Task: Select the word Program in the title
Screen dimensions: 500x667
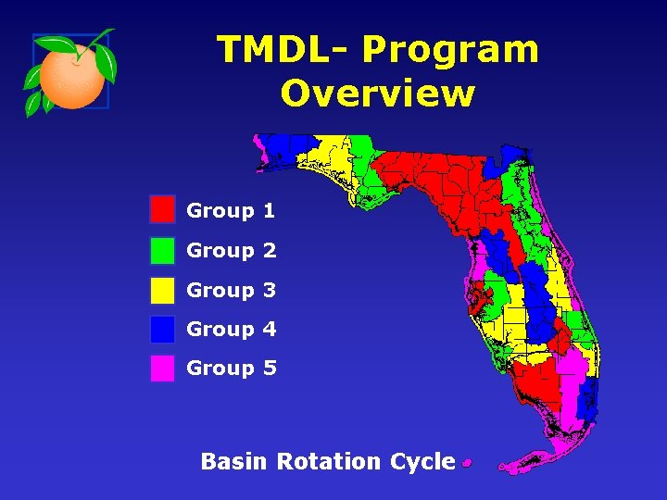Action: (450, 49)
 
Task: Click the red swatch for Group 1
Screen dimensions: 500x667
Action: (162, 210)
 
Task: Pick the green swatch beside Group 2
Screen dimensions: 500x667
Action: (162, 250)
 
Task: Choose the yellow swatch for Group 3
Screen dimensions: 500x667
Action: (162, 290)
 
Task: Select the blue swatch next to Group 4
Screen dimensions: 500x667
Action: (162, 329)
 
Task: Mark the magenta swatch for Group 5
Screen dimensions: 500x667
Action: (162, 369)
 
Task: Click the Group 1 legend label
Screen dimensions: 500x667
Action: (231, 211)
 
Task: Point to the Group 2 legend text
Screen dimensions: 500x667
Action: (231, 251)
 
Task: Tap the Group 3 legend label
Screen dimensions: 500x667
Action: (231, 291)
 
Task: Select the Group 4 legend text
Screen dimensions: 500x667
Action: (231, 330)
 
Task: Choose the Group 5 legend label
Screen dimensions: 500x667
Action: (231, 369)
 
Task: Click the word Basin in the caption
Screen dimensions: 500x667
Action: (235, 461)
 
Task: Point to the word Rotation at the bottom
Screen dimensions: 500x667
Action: (328, 461)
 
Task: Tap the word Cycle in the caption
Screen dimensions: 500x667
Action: (422, 462)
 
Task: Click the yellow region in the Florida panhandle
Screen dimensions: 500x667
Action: (333, 159)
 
